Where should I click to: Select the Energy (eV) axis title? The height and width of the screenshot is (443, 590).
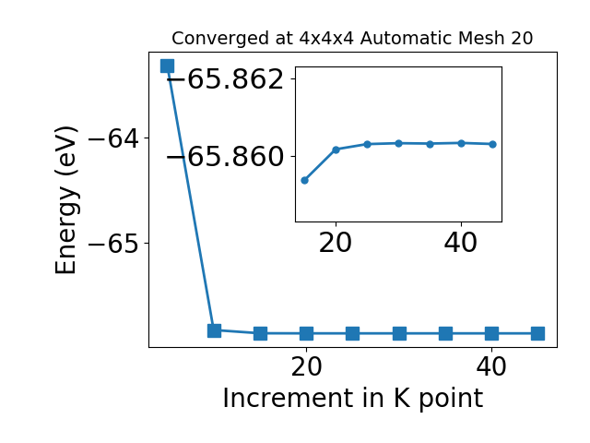[66, 200]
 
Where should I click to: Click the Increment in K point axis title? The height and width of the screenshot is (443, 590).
[352, 399]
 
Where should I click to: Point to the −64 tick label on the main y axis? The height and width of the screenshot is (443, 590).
[113, 139]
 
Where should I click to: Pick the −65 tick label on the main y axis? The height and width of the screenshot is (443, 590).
[113, 244]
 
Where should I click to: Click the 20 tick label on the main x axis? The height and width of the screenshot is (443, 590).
[307, 366]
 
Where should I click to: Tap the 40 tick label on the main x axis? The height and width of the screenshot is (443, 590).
[491, 366]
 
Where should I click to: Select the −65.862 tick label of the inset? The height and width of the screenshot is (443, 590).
[225, 79]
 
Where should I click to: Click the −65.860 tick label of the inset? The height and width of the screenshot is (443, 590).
[225, 157]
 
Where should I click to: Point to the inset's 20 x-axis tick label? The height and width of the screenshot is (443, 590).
[336, 243]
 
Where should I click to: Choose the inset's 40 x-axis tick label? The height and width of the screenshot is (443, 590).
[461, 243]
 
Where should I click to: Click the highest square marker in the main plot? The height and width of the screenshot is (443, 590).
[168, 66]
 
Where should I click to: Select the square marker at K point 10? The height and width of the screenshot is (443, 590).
[214, 330]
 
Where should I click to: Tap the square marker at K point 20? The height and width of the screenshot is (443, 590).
[307, 333]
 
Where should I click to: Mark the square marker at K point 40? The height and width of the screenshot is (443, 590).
[491, 333]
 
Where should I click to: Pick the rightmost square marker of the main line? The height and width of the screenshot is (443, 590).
[538, 333]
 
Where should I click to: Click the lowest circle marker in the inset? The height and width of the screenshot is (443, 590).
[305, 181]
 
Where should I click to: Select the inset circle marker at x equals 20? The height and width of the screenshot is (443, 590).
[336, 150]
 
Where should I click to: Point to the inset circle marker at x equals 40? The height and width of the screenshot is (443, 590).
[461, 143]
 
